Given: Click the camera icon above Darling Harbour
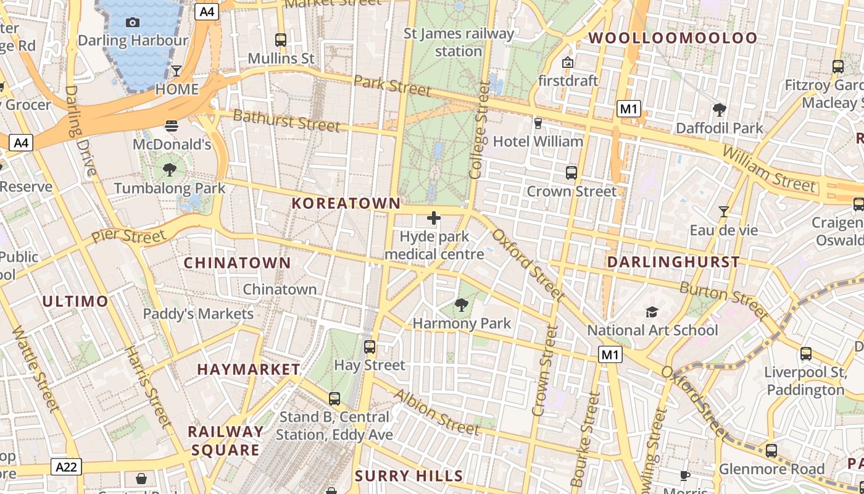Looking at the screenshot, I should click(x=132, y=23).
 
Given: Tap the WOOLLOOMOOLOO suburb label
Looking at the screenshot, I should click(x=672, y=38).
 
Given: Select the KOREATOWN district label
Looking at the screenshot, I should click(x=346, y=203).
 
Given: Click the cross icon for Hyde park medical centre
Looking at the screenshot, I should click(x=434, y=218).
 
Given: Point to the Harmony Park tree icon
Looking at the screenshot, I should click(x=461, y=304).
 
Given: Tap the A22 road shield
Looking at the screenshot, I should click(x=66, y=467).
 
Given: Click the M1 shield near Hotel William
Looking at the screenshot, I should click(x=628, y=110).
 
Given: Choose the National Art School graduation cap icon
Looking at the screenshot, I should click(x=652, y=312).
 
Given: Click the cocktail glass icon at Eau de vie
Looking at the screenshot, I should click(x=723, y=212).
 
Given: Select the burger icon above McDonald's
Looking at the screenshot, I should click(x=172, y=126).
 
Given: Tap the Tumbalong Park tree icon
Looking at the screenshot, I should click(x=170, y=169).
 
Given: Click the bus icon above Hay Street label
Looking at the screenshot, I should click(x=369, y=346).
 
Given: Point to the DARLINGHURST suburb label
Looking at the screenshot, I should click(x=673, y=262).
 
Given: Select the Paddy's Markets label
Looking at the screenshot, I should click(x=198, y=314).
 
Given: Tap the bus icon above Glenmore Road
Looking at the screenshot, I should click(x=771, y=451).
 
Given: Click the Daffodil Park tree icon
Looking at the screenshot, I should click(x=719, y=110).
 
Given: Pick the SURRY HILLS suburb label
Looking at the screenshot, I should click(x=409, y=475).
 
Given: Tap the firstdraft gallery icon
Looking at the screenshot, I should click(x=568, y=62).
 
